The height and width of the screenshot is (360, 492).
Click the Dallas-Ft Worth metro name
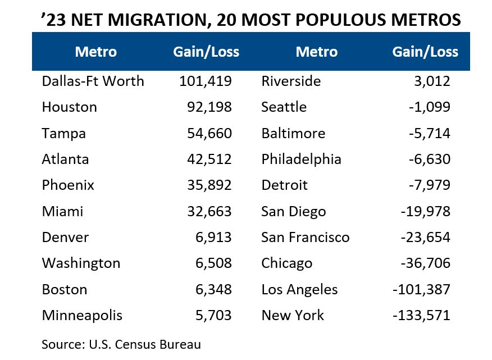click(x=93, y=81)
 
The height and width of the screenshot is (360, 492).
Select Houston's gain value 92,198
click(x=209, y=107)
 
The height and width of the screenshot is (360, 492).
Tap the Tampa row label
click(x=63, y=134)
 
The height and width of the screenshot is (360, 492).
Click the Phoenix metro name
click(x=68, y=185)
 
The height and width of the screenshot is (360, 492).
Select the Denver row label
click(x=65, y=238)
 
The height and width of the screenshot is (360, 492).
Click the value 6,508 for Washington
click(x=213, y=263)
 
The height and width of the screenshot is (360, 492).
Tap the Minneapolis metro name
click(x=82, y=316)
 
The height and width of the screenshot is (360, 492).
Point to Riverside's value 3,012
click(x=431, y=81)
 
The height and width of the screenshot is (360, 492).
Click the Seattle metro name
click(x=284, y=107)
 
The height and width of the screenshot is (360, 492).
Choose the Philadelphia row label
click(x=301, y=160)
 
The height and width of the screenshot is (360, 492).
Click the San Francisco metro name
click(x=305, y=238)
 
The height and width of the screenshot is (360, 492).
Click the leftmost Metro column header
click(x=96, y=52)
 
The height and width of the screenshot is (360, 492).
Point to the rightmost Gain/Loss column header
click(x=425, y=52)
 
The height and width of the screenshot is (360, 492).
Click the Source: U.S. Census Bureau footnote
click(x=121, y=344)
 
